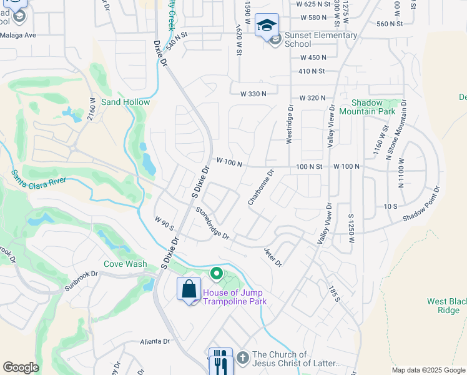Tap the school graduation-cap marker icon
267,25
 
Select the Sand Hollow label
125,102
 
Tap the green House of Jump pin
217,273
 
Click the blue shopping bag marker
189,290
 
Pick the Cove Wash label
125,264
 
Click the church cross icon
242,358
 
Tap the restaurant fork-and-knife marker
220,361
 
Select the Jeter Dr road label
273,257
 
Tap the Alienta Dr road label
155,341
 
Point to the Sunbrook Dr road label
82,281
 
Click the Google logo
21,367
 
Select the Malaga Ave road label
19,35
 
